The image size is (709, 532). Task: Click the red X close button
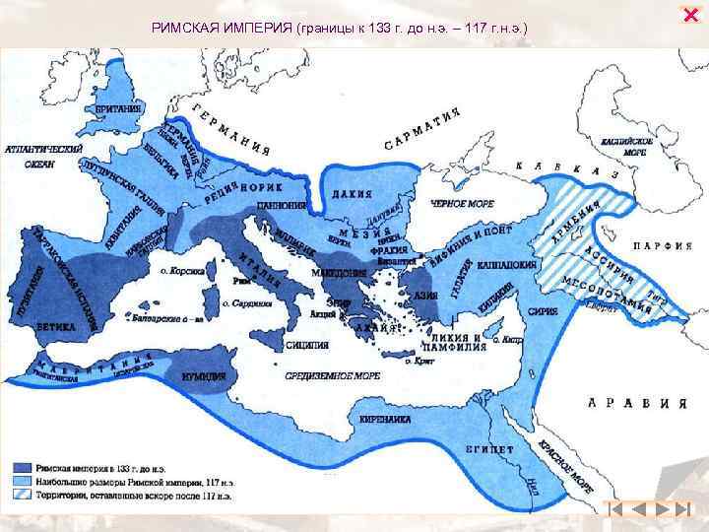[689, 13]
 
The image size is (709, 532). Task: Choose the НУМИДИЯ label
[204, 375]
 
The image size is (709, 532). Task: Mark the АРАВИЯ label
[634, 402]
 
